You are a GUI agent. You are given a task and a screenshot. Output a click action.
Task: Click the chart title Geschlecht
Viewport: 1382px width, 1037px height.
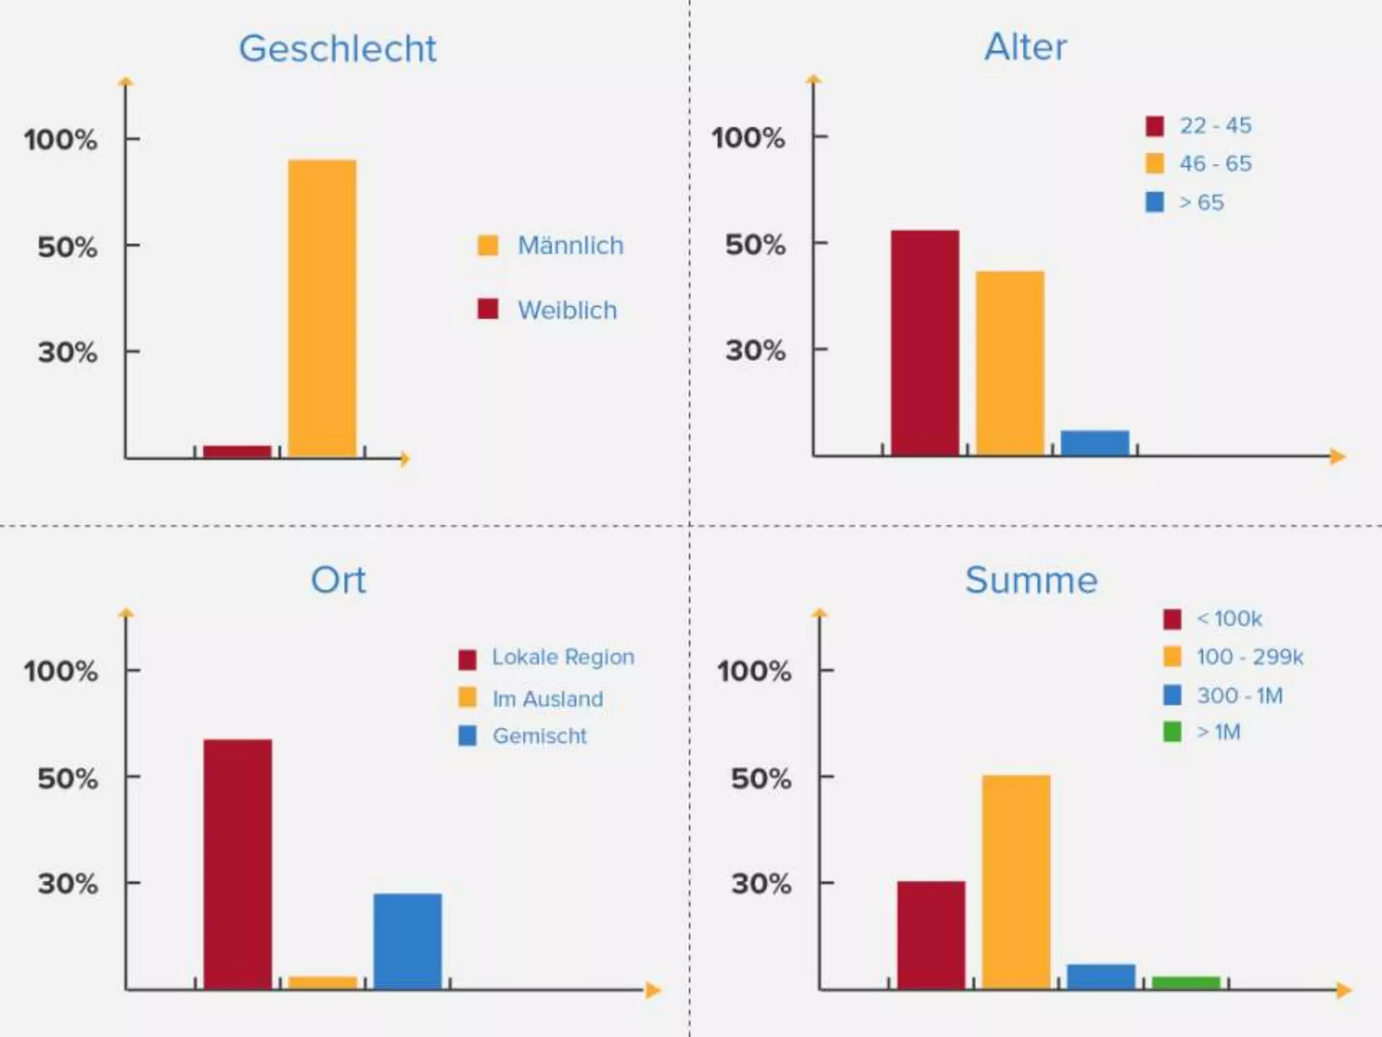coord(337,49)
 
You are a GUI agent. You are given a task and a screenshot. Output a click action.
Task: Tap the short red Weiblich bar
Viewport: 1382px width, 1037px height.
coord(237,451)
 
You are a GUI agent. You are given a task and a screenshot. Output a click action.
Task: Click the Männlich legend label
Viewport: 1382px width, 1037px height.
coord(570,246)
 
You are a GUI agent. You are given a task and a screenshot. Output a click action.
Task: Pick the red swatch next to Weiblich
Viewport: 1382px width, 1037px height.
coord(487,309)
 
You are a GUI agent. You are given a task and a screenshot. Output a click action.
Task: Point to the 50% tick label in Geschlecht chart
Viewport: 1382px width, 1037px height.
coord(67,247)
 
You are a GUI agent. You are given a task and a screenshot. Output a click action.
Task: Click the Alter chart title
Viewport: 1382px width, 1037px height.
coord(1025,47)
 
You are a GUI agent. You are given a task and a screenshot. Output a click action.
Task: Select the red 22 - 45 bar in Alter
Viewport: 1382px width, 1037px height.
coord(924,342)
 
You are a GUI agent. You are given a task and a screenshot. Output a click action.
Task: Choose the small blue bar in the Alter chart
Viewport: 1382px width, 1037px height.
coord(1095,442)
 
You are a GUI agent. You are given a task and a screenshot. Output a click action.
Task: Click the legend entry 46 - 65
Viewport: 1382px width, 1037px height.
coord(1215,163)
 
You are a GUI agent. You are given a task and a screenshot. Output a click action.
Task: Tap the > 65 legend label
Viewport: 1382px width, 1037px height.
coord(1200,203)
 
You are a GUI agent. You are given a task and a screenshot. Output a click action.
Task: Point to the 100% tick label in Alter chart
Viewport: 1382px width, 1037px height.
coord(748,138)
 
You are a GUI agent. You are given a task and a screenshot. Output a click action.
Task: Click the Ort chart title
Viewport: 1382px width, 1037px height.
coord(338,580)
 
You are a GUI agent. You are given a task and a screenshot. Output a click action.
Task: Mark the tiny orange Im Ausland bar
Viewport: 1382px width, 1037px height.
coord(323,982)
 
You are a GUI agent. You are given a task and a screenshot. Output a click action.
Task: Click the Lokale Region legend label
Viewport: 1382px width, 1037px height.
coord(562,657)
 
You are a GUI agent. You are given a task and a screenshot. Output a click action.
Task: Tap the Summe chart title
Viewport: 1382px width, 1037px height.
coord(1031,580)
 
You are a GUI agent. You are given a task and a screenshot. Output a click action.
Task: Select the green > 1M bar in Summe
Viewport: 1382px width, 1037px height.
coord(1186,982)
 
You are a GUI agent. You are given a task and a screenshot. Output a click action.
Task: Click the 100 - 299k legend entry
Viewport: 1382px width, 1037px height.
coord(1249,657)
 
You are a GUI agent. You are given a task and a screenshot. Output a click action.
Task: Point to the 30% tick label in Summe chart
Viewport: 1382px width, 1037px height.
coord(761,883)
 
